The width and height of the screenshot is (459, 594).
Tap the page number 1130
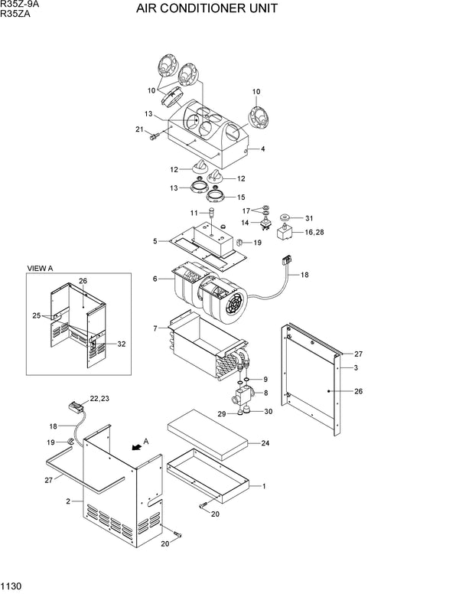[11, 587]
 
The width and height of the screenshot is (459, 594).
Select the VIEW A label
[41, 269]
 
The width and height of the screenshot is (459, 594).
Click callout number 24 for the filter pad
[265, 442]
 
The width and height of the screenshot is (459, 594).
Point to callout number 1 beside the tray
[263, 485]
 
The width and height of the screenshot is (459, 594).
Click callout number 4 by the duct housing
[262, 149]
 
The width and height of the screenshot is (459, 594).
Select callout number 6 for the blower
[155, 279]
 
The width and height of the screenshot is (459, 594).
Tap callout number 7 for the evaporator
[155, 328]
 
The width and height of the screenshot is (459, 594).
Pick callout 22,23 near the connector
[99, 398]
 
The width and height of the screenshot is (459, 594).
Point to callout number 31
[310, 217]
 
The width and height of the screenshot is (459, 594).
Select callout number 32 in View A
[122, 344]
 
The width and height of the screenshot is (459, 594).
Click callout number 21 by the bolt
[140, 129]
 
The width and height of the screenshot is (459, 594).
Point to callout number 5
[155, 241]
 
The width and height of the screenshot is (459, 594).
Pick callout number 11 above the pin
[194, 211]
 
